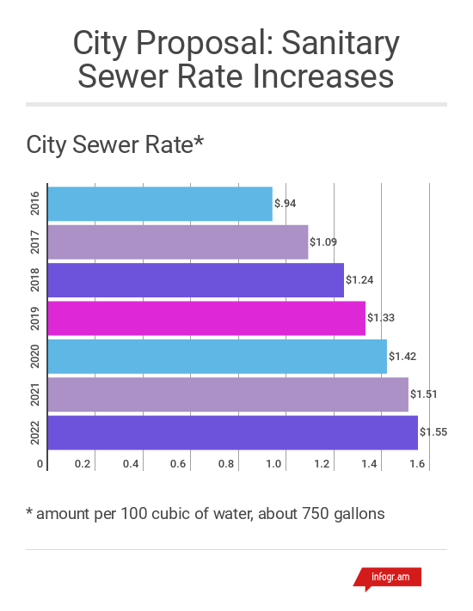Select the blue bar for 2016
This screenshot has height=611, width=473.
coord(160,204)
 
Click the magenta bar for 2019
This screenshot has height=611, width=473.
coord(206,318)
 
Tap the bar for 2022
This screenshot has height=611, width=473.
coord(232,432)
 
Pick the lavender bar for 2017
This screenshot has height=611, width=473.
coord(178,242)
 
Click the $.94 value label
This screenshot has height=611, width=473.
coord(286,204)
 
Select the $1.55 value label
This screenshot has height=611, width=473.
coord(433,432)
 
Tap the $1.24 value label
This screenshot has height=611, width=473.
coord(359,280)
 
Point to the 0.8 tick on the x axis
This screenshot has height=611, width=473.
coord(227,464)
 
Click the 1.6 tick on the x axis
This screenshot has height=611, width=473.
coord(418,464)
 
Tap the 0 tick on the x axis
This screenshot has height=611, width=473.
coord(40,464)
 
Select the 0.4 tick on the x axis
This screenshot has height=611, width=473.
coord(132,464)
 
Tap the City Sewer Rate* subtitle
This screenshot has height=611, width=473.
coord(114,144)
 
